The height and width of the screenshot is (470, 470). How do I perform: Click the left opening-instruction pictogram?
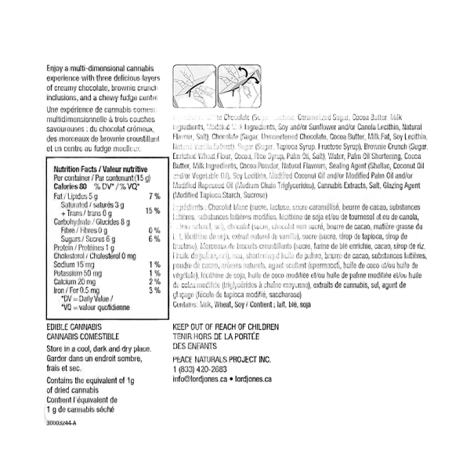pyautogui.click(x=191, y=84)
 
